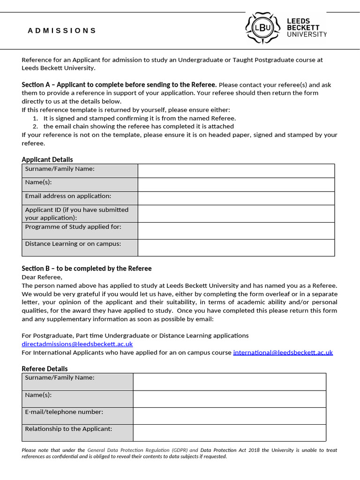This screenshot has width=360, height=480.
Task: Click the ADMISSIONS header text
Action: click(62, 31)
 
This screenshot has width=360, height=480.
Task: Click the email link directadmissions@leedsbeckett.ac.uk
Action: click(77, 344)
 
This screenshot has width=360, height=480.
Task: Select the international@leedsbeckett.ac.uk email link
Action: click(283, 352)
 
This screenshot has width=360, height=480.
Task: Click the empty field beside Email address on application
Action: click(236, 198)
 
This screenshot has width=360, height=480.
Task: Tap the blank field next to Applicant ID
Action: click(236, 214)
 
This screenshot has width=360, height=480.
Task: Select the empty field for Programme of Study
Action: click(236, 231)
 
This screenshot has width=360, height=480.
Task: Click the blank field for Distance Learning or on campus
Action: click(236, 247)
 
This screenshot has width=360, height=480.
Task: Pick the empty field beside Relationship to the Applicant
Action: click(229, 433)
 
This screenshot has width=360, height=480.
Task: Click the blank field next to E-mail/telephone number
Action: click(229, 416)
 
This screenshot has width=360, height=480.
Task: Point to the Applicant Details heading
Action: click(47, 159)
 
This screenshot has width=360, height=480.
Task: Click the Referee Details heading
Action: click(45, 369)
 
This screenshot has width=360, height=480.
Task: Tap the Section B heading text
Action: click(87, 269)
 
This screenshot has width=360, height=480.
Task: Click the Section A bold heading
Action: click(119, 85)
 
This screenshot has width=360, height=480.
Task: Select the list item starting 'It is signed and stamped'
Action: click(140, 118)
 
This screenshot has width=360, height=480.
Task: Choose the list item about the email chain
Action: click(138, 127)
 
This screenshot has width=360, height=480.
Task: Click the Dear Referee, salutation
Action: click(42, 277)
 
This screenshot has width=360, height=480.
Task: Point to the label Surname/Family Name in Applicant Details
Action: click(60, 169)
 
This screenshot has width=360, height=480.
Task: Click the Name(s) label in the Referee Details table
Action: click(38, 395)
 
